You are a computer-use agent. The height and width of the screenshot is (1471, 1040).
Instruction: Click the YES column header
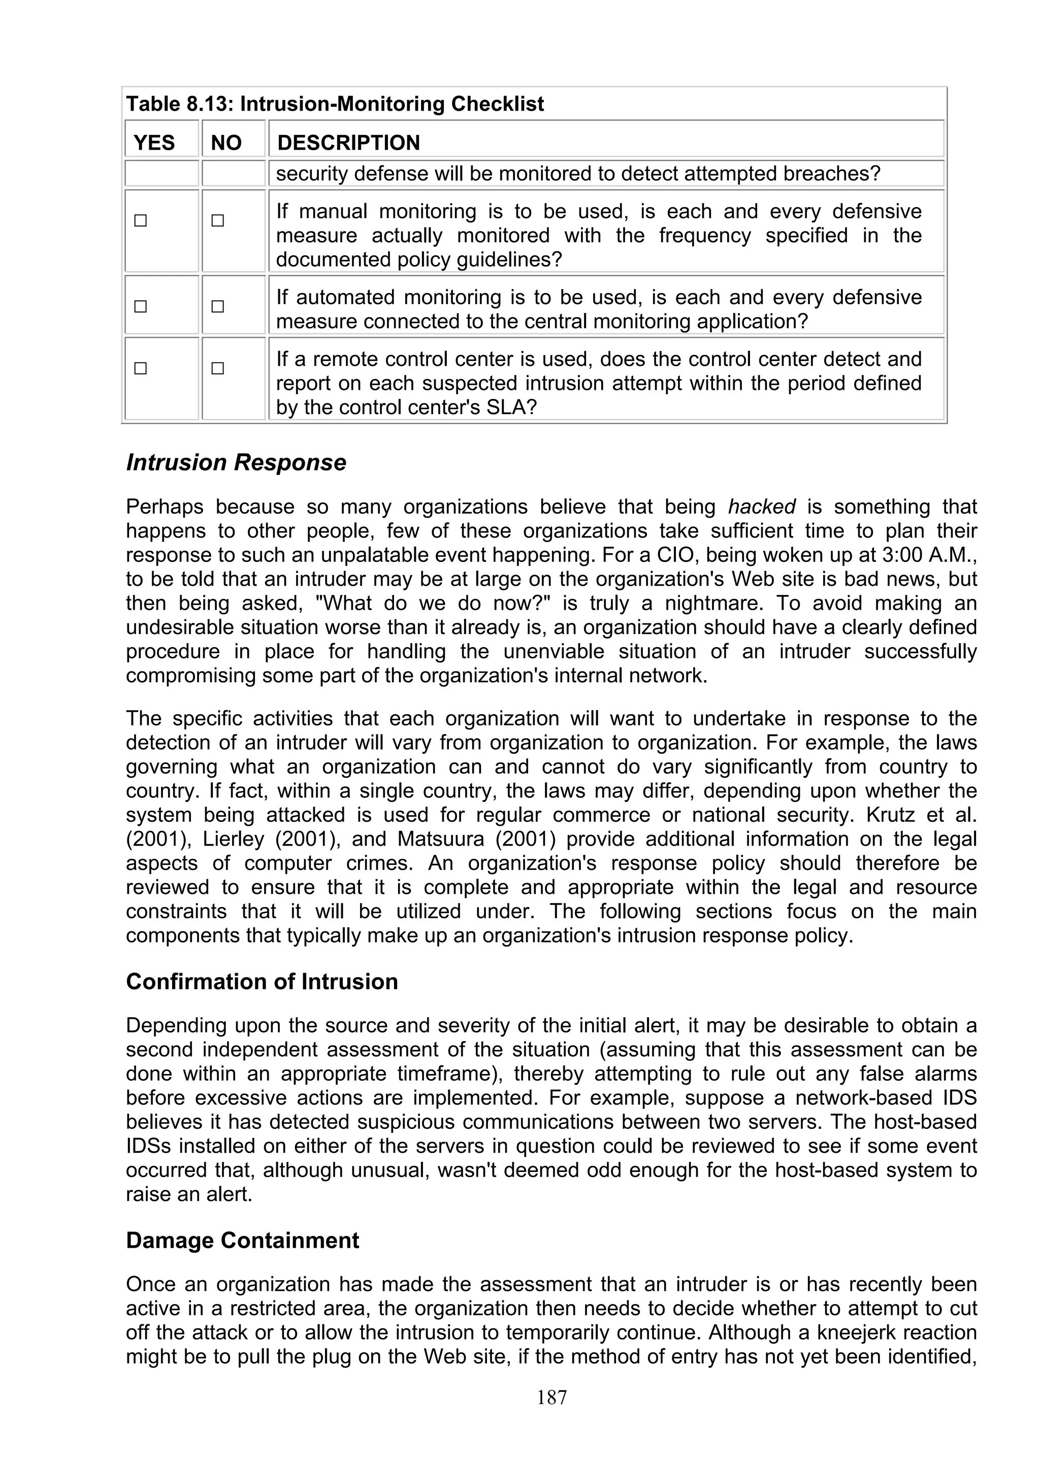click(154, 142)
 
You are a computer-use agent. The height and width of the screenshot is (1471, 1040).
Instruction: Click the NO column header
click(225, 142)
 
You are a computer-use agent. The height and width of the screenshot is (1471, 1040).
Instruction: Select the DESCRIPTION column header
click(348, 142)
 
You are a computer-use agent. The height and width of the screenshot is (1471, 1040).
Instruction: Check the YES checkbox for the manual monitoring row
click(140, 221)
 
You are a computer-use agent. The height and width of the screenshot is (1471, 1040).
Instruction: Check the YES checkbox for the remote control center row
click(140, 369)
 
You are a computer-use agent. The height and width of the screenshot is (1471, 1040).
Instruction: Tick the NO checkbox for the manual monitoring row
click(218, 221)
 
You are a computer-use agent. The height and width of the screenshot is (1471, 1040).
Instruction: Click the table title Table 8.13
click(335, 104)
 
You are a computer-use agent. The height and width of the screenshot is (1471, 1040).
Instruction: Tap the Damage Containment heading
click(242, 1241)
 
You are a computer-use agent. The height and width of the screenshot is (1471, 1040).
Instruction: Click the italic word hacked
click(762, 507)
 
